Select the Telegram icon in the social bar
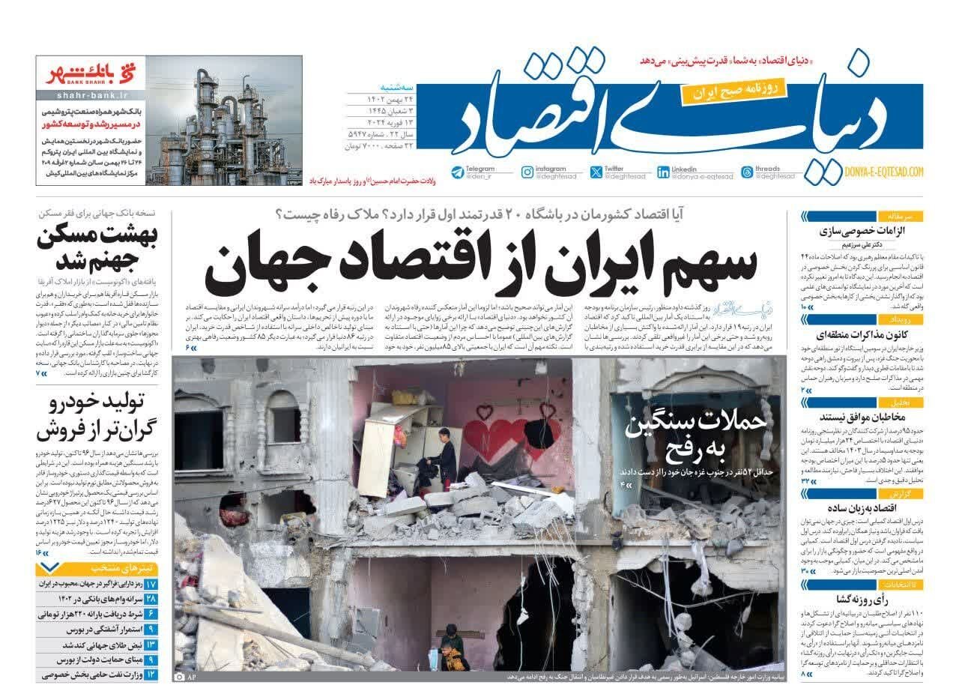(457, 172)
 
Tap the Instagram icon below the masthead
(527, 172)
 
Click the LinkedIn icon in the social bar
(663, 172)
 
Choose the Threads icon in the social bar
(746, 172)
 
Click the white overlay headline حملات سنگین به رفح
(697, 434)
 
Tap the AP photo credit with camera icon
(184, 678)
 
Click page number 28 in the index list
(151, 599)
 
